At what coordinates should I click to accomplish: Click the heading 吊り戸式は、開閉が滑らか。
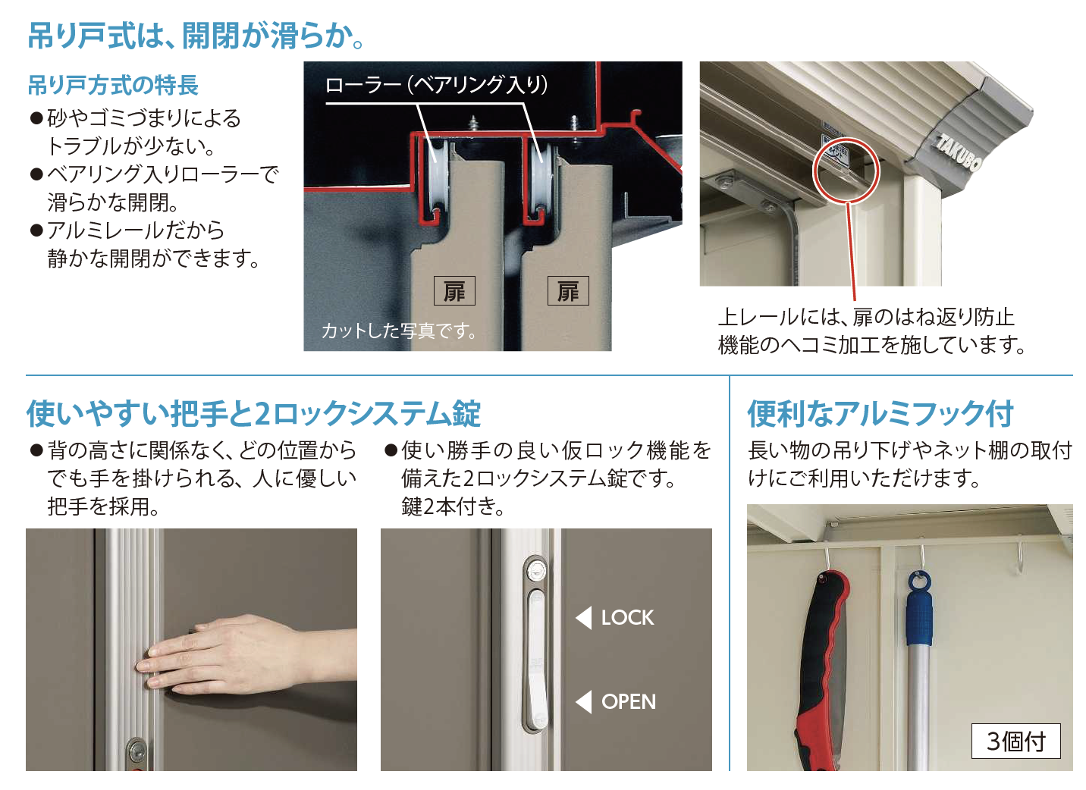196,35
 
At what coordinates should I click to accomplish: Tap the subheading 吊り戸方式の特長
113,85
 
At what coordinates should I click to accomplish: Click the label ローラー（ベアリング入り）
436,84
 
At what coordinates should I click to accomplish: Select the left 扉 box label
454,291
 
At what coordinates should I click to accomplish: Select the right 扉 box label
568,291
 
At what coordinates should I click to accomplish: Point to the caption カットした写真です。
399,331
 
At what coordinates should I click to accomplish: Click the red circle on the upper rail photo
846,171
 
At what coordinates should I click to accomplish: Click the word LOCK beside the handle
627,618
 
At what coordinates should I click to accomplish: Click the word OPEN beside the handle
629,702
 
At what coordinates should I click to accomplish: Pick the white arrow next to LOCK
583,618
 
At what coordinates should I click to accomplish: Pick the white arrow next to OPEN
583,702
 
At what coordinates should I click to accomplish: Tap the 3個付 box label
1015,741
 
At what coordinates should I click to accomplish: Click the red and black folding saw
824,667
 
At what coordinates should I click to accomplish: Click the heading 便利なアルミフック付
880,414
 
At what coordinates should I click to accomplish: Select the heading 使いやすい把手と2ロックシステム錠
253,414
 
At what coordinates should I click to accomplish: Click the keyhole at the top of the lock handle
537,567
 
